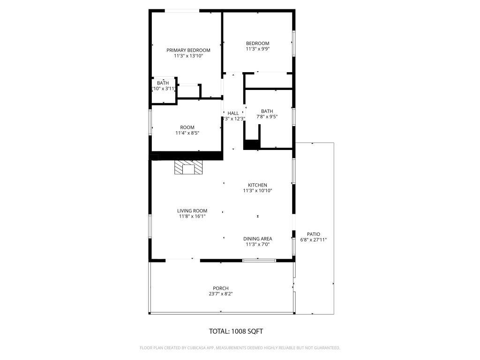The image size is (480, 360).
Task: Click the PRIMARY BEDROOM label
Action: coord(188,50)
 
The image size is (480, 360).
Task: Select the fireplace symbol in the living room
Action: coord(189,168)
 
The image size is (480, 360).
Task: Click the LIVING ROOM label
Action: coord(192,211)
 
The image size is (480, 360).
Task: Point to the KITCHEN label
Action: coord(257,185)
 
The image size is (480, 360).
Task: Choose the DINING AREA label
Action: coord(257,239)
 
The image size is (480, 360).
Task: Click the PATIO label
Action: coord(314,234)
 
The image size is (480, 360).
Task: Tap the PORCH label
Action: coord(221,288)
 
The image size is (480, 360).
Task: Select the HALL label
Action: coord(233,113)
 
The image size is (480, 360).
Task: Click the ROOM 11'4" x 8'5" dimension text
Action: coord(187,133)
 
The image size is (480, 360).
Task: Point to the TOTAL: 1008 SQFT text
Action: coord(236,331)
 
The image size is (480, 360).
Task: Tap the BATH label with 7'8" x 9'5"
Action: coord(267,111)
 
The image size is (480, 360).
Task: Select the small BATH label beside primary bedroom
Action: coord(163,83)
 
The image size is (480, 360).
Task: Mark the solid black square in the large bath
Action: coord(252,145)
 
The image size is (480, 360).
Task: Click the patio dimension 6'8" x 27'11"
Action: coord(314,240)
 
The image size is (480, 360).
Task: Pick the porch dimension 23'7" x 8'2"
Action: coord(221,294)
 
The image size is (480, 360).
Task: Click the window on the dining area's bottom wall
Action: coord(259,260)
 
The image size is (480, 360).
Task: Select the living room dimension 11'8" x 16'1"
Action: coord(192,217)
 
